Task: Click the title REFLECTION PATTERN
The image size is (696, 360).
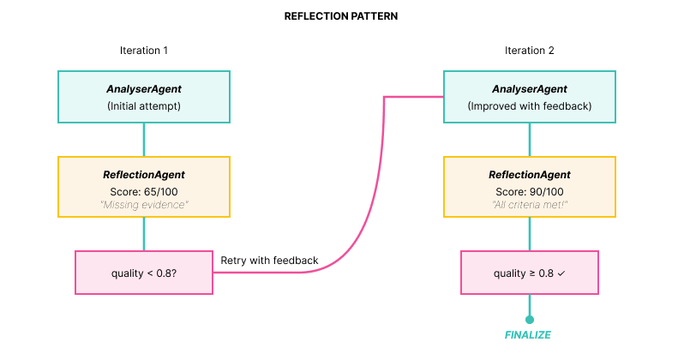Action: coord(340,16)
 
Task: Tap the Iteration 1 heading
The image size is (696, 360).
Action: coord(143,51)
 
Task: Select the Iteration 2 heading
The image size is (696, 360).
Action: coord(529,51)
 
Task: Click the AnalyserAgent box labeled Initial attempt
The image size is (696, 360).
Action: coord(143,97)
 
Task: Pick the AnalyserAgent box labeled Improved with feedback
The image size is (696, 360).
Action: coord(529,97)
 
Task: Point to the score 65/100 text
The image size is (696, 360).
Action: coord(143,190)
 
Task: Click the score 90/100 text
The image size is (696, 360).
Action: coord(529,190)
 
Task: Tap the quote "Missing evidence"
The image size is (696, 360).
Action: coord(143,205)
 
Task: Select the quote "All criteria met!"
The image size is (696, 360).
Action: coord(529,205)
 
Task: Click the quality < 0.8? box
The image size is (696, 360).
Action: coord(143,273)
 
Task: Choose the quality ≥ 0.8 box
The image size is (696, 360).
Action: coord(529,273)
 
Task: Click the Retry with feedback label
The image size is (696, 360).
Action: coord(269,261)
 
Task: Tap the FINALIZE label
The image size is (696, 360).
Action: coord(529,335)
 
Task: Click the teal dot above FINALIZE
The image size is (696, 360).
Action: coord(529,319)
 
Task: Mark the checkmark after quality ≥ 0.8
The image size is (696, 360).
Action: coord(561,273)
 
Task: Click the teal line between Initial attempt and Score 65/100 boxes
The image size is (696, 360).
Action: coord(143,140)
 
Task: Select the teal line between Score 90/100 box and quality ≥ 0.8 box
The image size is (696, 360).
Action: coord(529,233)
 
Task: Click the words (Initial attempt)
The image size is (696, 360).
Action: coord(143,106)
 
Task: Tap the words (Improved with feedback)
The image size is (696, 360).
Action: coord(529,106)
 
